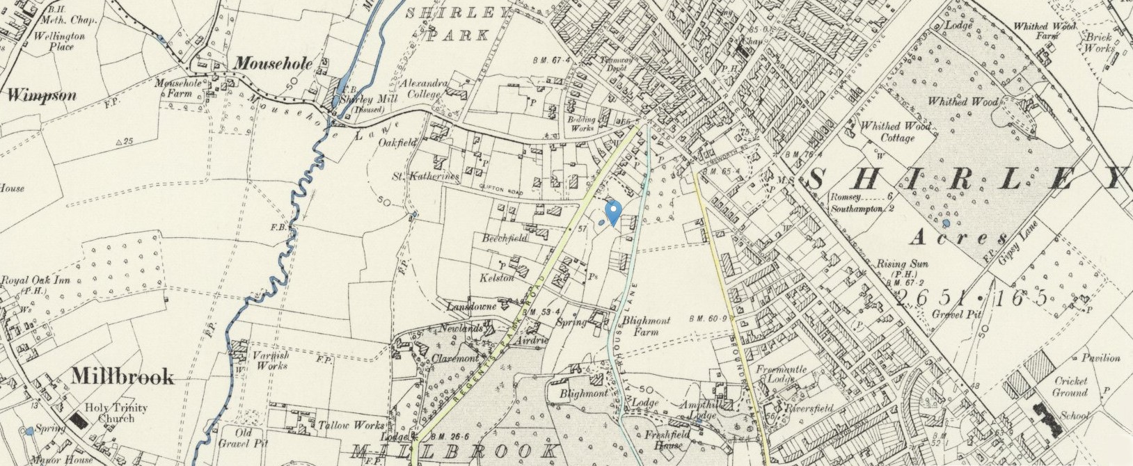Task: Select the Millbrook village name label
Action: (122, 377)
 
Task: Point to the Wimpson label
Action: (42, 96)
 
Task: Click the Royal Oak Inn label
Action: (35, 285)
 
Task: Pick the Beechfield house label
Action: (505, 238)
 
